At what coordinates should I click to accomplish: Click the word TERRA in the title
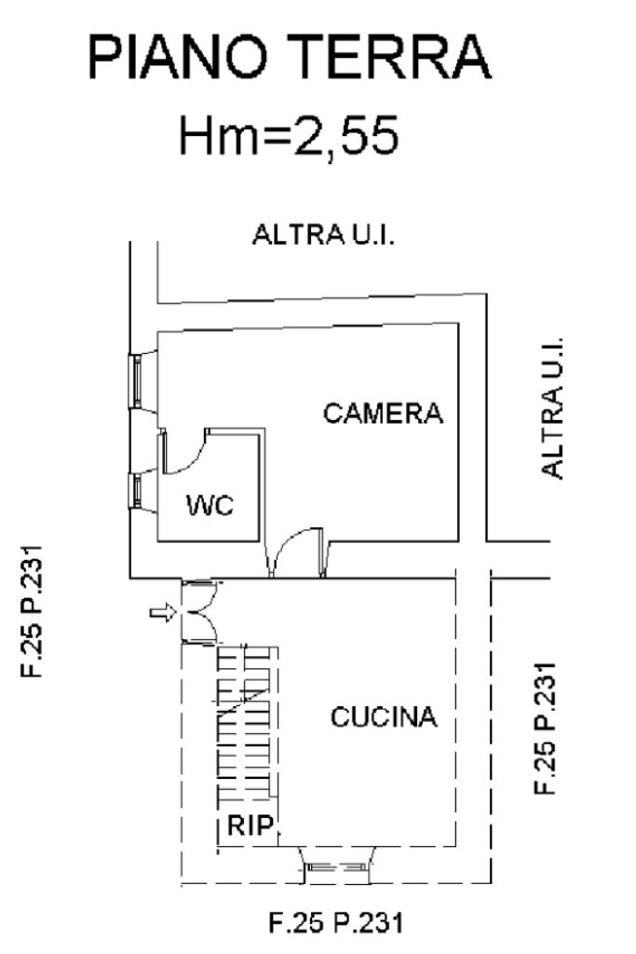(400, 59)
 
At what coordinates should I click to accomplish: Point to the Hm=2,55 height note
(289, 136)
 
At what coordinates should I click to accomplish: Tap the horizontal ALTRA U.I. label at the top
(324, 235)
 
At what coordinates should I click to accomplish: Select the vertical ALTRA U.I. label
(554, 407)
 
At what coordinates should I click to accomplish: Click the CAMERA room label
(383, 413)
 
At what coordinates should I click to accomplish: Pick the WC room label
(210, 507)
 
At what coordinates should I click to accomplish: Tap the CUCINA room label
(383, 718)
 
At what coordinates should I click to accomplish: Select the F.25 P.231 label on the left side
(36, 612)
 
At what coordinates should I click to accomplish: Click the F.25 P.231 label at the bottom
(336, 924)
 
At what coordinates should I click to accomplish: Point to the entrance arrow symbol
(163, 612)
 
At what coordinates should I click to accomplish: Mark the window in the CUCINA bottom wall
(337, 867)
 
